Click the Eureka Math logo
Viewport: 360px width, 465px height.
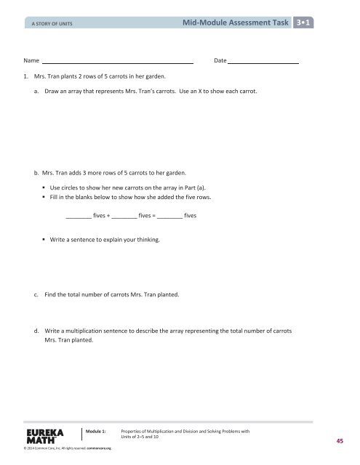[43, 435]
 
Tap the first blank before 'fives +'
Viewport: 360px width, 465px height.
[78, 216]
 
